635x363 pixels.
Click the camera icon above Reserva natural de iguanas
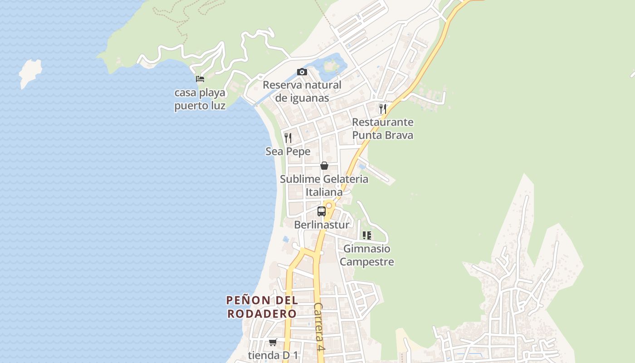click(x=302, y=72)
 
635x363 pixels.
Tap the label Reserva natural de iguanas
click(x=302, y=91)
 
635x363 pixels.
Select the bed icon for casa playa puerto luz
click(x=200, y=79)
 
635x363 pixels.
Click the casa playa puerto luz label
click(x=200, y=99)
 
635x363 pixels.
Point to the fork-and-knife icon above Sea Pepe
click(x=288, y=137)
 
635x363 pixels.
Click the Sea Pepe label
click(x=288, y=152)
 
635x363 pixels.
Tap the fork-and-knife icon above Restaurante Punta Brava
click(x=382, y=108)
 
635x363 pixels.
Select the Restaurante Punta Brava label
click(x=382, y=128)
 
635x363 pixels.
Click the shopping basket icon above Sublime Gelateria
click(x=324, y=166)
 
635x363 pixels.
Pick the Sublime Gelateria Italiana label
click(x=324, y=186)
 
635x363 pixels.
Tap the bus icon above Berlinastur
click(x=321, y=211)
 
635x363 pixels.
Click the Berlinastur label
click(x=322, y=225)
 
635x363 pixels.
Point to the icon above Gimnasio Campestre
click(x=366, y=235)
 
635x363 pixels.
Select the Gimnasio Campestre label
click(x=366, y=255)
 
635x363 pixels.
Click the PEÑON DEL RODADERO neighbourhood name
click(x=262, y=307)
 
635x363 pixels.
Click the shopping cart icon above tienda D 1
click(x=273, y=342)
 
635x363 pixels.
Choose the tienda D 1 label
click(x=273, y=355)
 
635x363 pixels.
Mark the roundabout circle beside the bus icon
click(x=329, y=206)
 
